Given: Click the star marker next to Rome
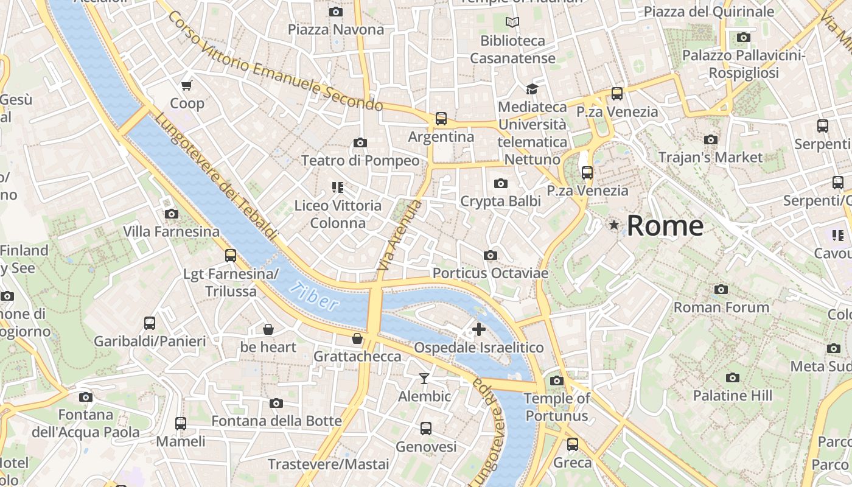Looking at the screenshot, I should [x=614, y=225].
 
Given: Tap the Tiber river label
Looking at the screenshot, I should [x=313, y=296].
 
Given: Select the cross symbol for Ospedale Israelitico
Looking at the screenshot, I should [x=479, y=329].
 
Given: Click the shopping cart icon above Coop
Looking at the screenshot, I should [x=187, y=85].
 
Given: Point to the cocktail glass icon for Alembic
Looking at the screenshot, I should [x=424, y=379].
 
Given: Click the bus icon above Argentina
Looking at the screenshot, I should [x=441, y=119].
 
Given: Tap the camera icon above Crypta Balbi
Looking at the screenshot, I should [x=500, y=183].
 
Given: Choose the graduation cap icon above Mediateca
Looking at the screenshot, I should [x=532, y=89].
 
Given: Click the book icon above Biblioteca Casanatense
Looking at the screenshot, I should [x=512, y=23].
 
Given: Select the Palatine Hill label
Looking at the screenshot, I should [x=732, y=396].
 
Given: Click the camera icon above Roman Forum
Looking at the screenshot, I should [x=721, y=289].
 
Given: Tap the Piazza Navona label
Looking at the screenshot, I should [x=336, y=29].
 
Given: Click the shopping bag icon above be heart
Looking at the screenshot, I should [x=268, y=329].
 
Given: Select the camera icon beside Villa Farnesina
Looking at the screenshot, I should [x=172, y=214].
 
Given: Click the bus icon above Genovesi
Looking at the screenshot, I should [x=426, y=429].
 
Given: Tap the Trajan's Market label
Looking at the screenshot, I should [x=710, y=157].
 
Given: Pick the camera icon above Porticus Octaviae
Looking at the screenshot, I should [x=491, y=255].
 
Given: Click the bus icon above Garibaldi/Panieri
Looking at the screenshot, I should [x=150, y=323].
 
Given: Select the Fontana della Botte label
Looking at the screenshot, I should [x=276, y=421].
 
